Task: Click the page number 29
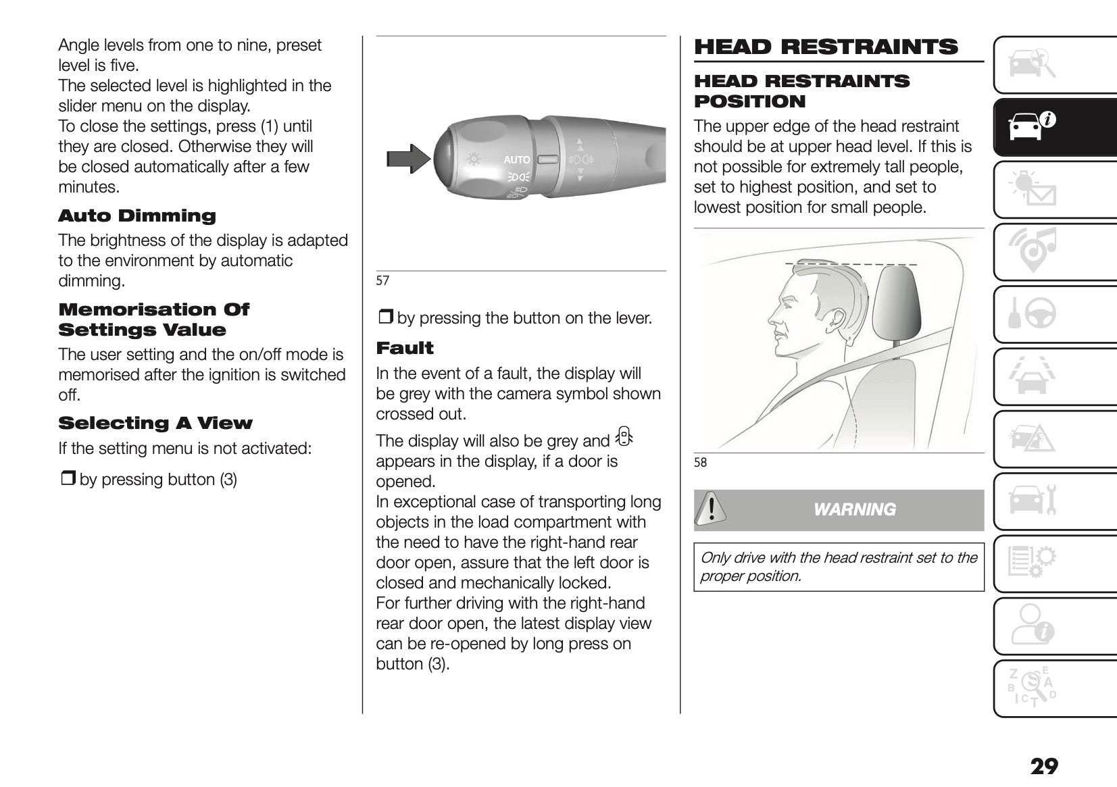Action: pyautogui.click(x=1044, y=767)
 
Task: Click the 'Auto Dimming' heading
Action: pyautogui.click(x=137, y=216)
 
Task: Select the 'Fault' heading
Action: pyautogui.click(x=404, y=349)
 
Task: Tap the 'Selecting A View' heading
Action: pyautogui.click(x=155, y=424)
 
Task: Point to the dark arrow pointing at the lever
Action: pyautogui.click(x=407, y=159)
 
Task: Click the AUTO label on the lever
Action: pyautogui.click(x=517, y=159)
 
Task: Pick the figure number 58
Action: pyautogui.click(x=700, y=463)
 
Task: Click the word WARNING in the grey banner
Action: pyautogui.click(x=855, y=510)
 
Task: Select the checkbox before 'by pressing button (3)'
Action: pyautogui.click(x=68, y=480)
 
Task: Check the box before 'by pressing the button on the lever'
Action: pyautogui.click(x=385, y=318)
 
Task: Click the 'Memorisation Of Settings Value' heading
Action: pyautogui.click(x=153, y=320)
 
